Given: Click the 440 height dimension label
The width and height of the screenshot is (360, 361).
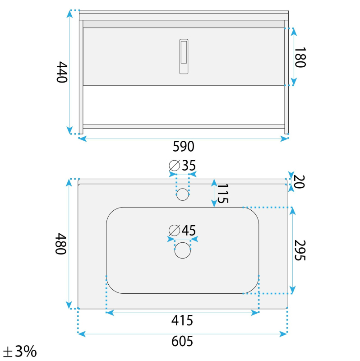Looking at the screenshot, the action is pos(62,72).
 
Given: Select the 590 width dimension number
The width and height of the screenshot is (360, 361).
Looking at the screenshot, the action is pos(184,146).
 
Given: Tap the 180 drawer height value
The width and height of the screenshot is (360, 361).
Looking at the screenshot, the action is pos(300,58).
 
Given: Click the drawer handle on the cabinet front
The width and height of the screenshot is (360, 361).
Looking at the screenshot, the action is pos(184,56).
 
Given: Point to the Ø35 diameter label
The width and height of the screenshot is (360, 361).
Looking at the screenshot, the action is pos(182,165).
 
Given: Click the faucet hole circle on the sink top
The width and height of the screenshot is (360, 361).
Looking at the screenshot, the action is pos(183,194).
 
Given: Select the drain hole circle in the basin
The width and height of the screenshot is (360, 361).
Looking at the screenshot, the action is pos(183,250).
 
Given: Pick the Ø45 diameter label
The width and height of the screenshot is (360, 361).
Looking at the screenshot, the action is pos(182,230).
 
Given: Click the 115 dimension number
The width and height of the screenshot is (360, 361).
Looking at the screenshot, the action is pos(222,194).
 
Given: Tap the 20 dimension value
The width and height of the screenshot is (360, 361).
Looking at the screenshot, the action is pos(300,182).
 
